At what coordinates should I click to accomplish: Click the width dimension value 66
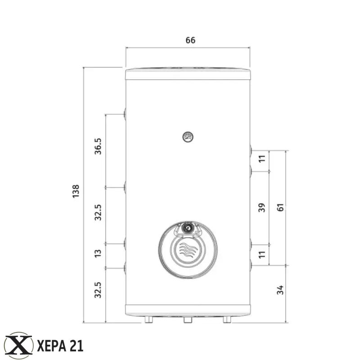pos(190,40)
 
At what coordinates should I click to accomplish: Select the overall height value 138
pos(76,191)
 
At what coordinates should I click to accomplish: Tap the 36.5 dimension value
pos(98,146)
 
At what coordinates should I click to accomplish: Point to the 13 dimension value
pos(98,253)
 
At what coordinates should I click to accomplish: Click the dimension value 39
pos(262,207)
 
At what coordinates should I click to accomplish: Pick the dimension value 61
pos(280,207)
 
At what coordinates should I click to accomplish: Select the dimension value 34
pos(280,290)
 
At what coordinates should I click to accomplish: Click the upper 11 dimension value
pos(262,159)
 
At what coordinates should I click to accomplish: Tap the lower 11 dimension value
pos(262,255)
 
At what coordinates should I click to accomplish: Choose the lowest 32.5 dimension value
pos(98,290)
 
